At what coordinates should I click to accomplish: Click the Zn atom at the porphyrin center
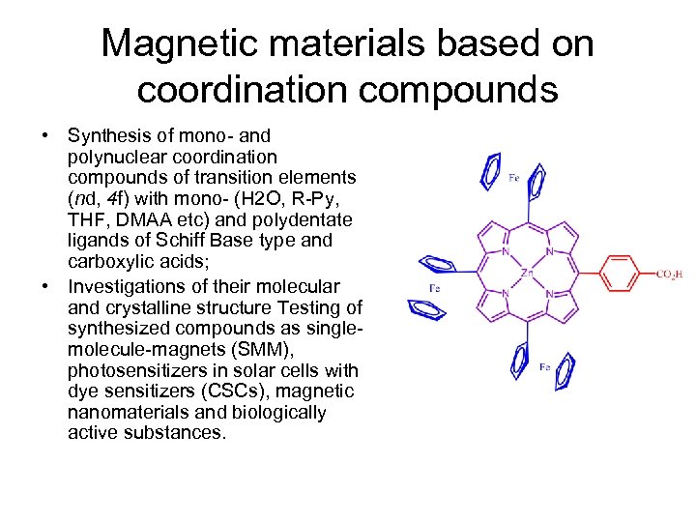click(x=526, y=274)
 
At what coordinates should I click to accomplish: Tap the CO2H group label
click(x=674, y=275)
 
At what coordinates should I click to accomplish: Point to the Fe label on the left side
click(x=435, y=288)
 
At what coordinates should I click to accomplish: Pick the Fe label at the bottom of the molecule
click(x=545, y=367)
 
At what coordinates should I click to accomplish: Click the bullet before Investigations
click(x=45, y=287)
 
